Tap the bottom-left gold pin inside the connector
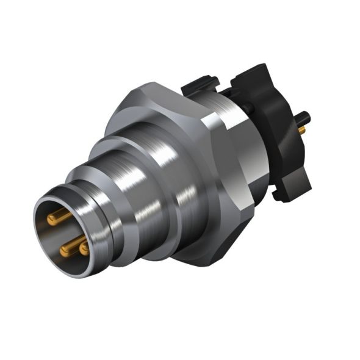point(68,247)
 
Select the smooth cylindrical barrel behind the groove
point(122,201)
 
